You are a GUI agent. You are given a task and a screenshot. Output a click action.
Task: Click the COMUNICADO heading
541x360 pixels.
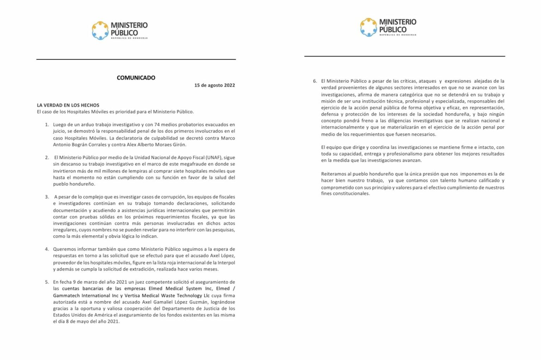(136, 78)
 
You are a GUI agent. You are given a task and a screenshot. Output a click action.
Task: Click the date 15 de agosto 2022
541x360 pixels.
(214, 85)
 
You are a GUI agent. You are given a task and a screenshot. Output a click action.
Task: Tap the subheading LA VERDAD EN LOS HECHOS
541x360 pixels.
(68, 105)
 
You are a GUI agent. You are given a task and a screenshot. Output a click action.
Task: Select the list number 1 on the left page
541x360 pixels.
(47, 125)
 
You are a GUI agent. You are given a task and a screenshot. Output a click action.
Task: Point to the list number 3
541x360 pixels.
(47, 197)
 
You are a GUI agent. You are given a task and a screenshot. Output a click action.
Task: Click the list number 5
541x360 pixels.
(47, 282)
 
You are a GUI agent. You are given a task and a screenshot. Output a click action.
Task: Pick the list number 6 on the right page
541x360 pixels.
(315, 81)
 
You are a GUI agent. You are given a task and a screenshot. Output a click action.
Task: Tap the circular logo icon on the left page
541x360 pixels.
(100, 30)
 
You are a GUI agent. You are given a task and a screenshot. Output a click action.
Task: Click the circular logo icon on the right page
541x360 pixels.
(368, 27)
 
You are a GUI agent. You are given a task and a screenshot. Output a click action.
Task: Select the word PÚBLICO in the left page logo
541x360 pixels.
(124, 33)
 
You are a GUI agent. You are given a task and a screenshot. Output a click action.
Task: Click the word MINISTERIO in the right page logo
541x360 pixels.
(398, 22)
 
